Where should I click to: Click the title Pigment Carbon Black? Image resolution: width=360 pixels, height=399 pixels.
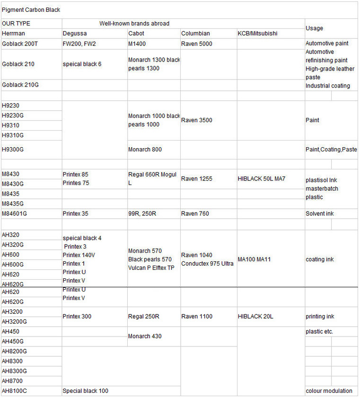pos(31,10)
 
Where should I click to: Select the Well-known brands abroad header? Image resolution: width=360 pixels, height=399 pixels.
pos(134,24)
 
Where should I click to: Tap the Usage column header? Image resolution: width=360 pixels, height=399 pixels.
pos(315,28)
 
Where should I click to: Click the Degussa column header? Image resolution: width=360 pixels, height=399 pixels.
pos(75,34)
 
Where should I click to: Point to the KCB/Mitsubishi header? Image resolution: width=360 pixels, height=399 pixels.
pos(258,34)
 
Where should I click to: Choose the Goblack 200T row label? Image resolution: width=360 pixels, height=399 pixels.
pos(20,44)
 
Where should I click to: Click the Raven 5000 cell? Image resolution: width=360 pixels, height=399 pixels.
pos(197,44)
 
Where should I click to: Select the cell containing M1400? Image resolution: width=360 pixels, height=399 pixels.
pos(138,44)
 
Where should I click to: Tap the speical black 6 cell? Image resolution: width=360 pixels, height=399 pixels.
pos(82,64)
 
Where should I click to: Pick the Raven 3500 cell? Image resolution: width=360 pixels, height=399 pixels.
pos(197,120)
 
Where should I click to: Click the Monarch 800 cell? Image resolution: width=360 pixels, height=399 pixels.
pos(145,150)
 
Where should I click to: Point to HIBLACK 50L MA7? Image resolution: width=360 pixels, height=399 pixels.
pos(262,179)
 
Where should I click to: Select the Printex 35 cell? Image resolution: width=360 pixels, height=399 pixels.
pos(75,213)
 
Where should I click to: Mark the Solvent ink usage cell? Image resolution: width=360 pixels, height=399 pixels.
pos(320,213)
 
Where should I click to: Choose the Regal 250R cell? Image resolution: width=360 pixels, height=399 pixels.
pos(144,316)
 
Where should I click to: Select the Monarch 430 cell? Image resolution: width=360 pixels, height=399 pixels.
pos(145,336)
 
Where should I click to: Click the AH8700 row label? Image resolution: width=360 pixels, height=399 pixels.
pos(12,381)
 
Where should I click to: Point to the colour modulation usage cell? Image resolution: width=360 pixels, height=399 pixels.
pos(329,391)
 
